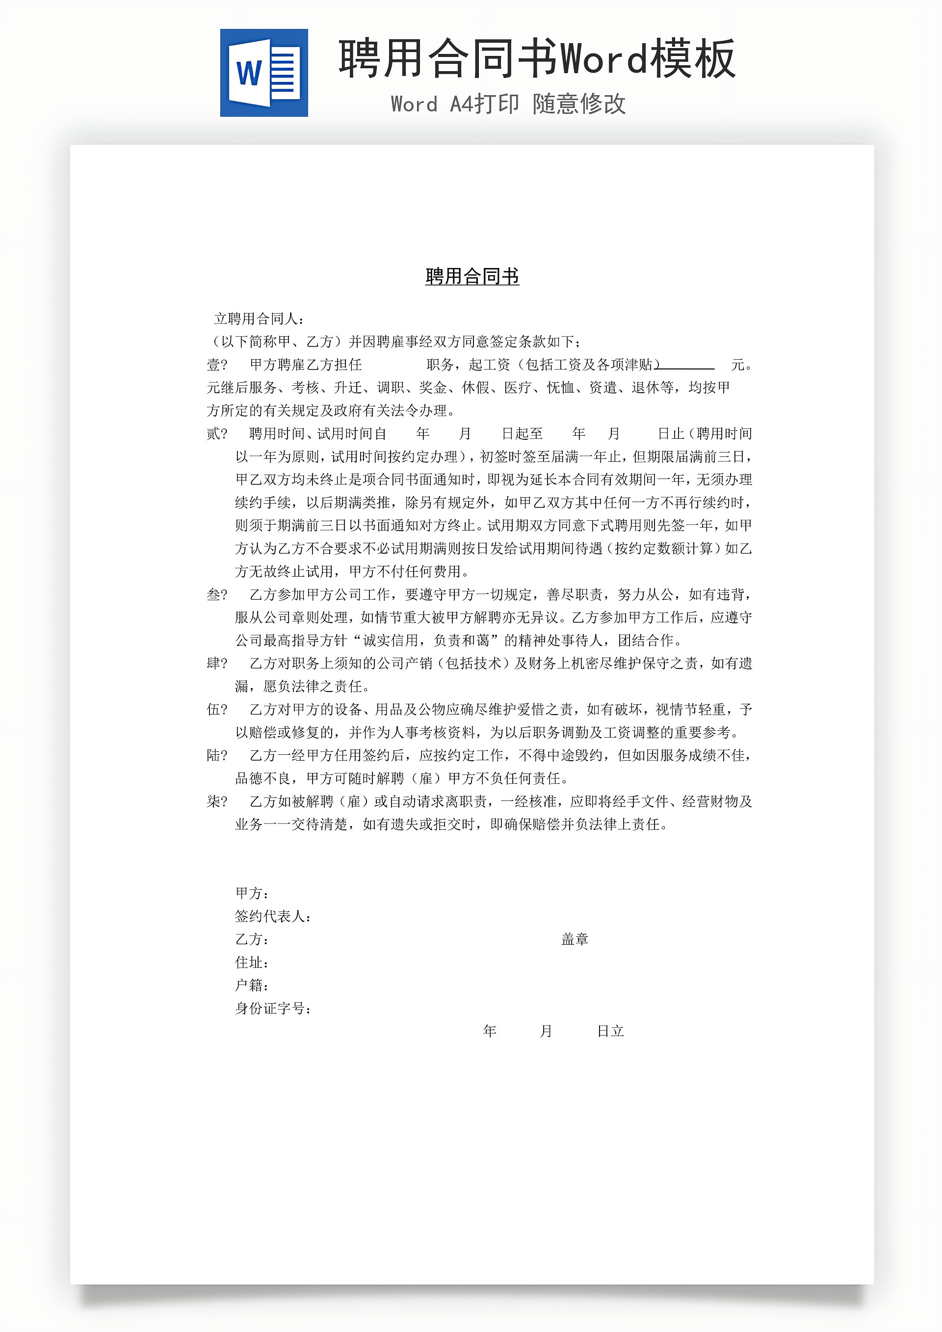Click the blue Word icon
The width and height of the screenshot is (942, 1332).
(x=264, y=73)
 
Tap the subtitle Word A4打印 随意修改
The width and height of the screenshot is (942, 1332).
(x=508, y=105)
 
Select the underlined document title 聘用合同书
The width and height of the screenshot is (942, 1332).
(x=471, y=276)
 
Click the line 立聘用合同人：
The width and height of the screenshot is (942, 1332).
(x=259, y=319)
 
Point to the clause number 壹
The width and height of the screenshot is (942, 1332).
(x=213, y=365)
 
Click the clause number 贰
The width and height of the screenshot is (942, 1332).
(x=213, y=433)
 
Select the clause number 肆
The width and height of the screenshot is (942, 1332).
(x=213, y=663)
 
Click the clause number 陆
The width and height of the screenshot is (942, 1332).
(x=213, y=755)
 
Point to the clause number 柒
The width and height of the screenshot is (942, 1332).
(x=213, y=801)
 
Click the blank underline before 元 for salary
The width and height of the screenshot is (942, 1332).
(x=687, y=367)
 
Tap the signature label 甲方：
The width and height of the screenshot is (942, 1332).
(x=251, y=893)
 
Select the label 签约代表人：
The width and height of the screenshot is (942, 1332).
(x=273, y=916)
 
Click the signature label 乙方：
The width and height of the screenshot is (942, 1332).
(x=251, y=939)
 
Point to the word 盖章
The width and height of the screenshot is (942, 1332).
(x=574, y=939)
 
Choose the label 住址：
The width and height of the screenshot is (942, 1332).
(x=251, y=962)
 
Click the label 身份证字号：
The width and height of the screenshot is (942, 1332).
(x=273, y=1008)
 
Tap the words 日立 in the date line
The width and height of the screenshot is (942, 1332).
(x=610, y=1031)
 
